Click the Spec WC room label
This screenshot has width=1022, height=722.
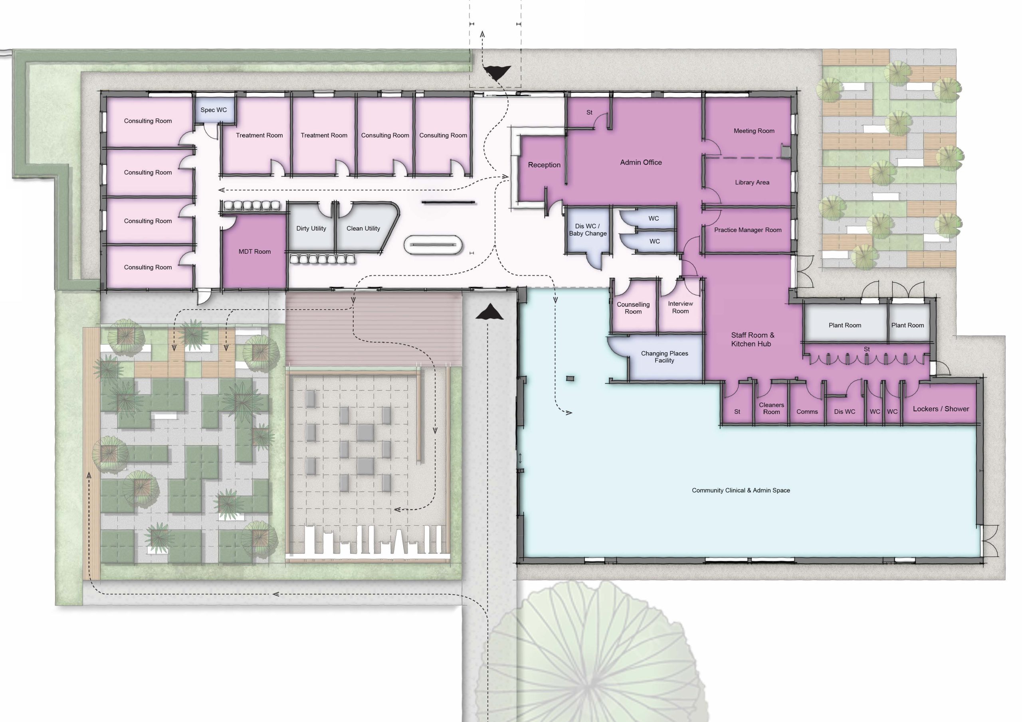[214, 110]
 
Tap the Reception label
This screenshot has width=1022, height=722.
[544, 165]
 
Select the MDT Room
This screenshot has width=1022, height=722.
[255, 252]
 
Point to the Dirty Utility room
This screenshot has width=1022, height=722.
[311, 229]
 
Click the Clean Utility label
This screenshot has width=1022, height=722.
[363, 229]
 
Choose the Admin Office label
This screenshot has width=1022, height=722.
[640, 162]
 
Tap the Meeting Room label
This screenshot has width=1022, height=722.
[754, 131]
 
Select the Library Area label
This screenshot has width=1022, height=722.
[752, 182]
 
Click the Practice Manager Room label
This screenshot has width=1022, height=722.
[747, 230]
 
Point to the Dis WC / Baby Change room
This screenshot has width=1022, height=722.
[588, 230]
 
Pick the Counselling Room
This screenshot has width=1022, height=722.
[633, 308]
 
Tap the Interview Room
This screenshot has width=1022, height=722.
[680, 308]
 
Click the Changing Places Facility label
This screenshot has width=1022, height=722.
[664, 357]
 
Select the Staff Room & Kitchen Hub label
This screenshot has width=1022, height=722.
[752, 339]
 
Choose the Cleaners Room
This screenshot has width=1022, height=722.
[771, 408]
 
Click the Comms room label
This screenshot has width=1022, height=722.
[806, 412]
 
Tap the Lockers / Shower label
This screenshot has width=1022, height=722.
[941, 409]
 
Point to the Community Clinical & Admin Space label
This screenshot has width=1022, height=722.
[741, 490]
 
